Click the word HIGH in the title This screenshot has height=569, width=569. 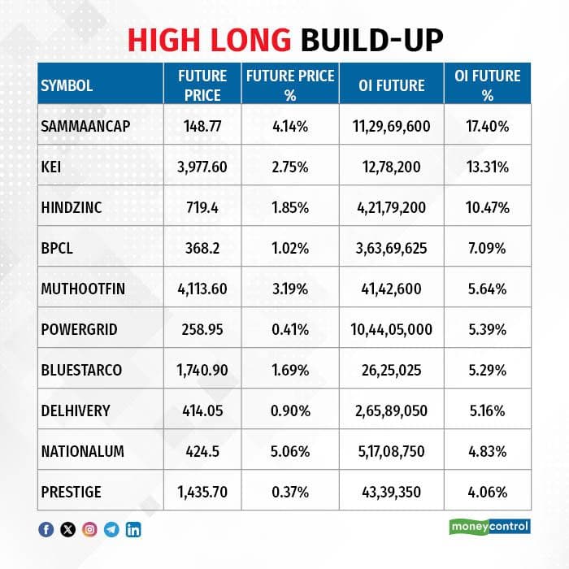click(x=163, y=40)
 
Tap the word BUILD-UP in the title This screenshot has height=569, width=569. click(x=372, y=40)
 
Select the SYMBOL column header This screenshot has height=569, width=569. click(x=67, y=85)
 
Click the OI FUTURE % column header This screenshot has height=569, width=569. click(x=488, y=85)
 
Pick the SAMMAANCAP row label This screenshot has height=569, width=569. click(x=85, y=126)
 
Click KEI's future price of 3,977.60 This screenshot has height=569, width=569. click(x=202, y=167)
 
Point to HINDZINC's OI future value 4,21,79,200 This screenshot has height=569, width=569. click(x=391, y=207)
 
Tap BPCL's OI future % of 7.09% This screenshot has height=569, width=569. click(x=487, y=248)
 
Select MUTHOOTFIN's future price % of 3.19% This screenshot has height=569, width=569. click(x=290, y=289)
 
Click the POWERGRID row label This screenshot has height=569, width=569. click(x=79, y=329)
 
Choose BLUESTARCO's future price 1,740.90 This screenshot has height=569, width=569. click(x=202, y=370)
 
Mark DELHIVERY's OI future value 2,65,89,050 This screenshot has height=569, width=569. click(x=391, y=410)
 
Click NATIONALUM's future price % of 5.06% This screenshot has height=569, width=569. click(x=290, y=451)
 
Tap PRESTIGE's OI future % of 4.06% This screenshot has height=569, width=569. click(x=488, y=492)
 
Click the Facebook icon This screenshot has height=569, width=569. click(x=46, y=530)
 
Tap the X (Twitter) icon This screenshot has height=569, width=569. click(x=67, y=530)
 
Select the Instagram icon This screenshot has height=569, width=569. click(x=89, y=530)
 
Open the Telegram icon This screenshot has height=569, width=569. click(x=111, y=530)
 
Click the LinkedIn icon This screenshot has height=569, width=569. click(x=133, y=530)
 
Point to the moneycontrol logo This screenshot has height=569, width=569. click(x=489, y=527)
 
